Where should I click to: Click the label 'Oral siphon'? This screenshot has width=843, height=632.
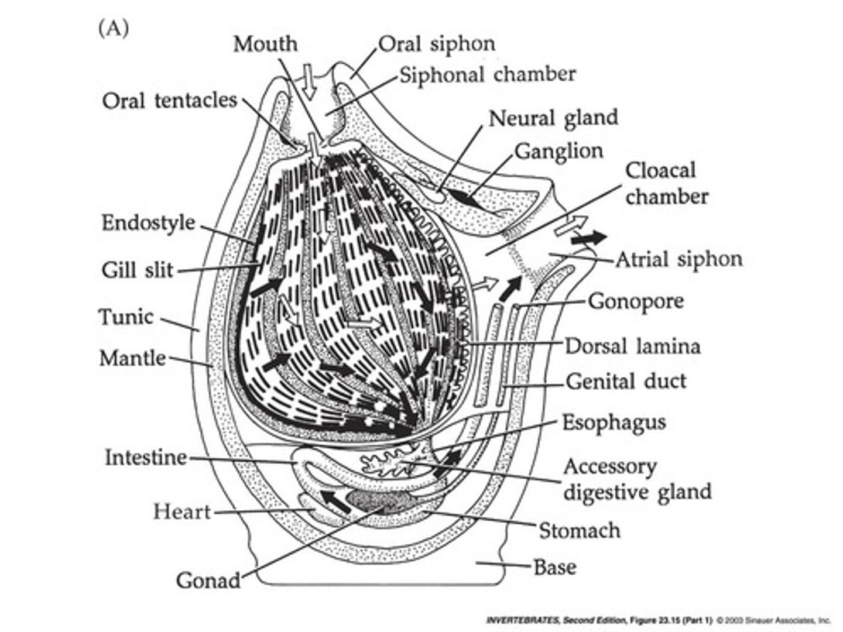(437, 44)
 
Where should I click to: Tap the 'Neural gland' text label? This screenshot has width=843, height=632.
(553, 118)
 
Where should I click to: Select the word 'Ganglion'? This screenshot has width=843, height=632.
(558, 151)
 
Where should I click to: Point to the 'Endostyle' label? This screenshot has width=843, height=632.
(148, 223)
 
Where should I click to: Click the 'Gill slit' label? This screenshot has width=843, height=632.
(138, 270)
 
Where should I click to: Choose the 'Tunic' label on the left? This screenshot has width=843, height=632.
(126, 317)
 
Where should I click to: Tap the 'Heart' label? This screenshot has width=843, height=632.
(181, 511)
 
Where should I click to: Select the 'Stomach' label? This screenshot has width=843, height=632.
(579, 531)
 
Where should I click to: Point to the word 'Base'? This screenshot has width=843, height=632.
(554, 566)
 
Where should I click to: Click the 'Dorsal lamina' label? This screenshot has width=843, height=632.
(632, 346)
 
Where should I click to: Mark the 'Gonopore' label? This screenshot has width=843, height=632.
(636, 301)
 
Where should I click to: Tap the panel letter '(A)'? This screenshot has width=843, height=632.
(113, 29)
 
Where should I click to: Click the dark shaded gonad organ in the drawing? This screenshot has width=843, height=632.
(378, 499)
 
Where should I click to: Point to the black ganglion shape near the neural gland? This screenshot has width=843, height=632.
(460, 197)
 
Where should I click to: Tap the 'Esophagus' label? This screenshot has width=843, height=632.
(614, 423)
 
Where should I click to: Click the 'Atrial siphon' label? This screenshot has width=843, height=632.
(678, 259)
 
